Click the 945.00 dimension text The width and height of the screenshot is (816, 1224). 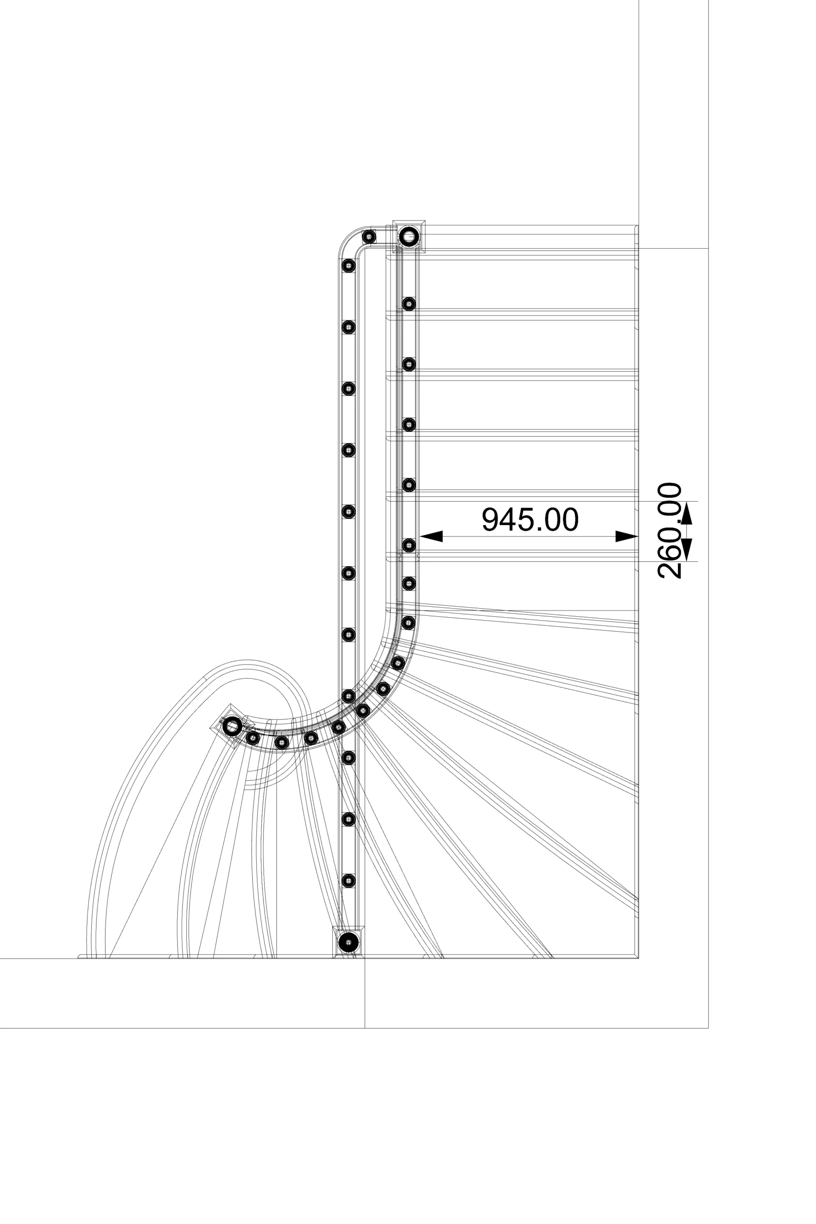(x=530, y=519)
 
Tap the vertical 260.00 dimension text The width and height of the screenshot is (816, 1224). (x=670, y=530)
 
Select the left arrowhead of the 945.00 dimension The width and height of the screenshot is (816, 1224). (x=431, y=536)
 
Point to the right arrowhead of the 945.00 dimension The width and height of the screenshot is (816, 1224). (x=627, y=536)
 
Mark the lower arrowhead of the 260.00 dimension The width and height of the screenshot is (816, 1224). (x=687, y=549)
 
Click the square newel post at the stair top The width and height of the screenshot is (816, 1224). (x=409, y=237)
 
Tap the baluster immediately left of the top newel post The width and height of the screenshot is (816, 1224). (x=369, y=237)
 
